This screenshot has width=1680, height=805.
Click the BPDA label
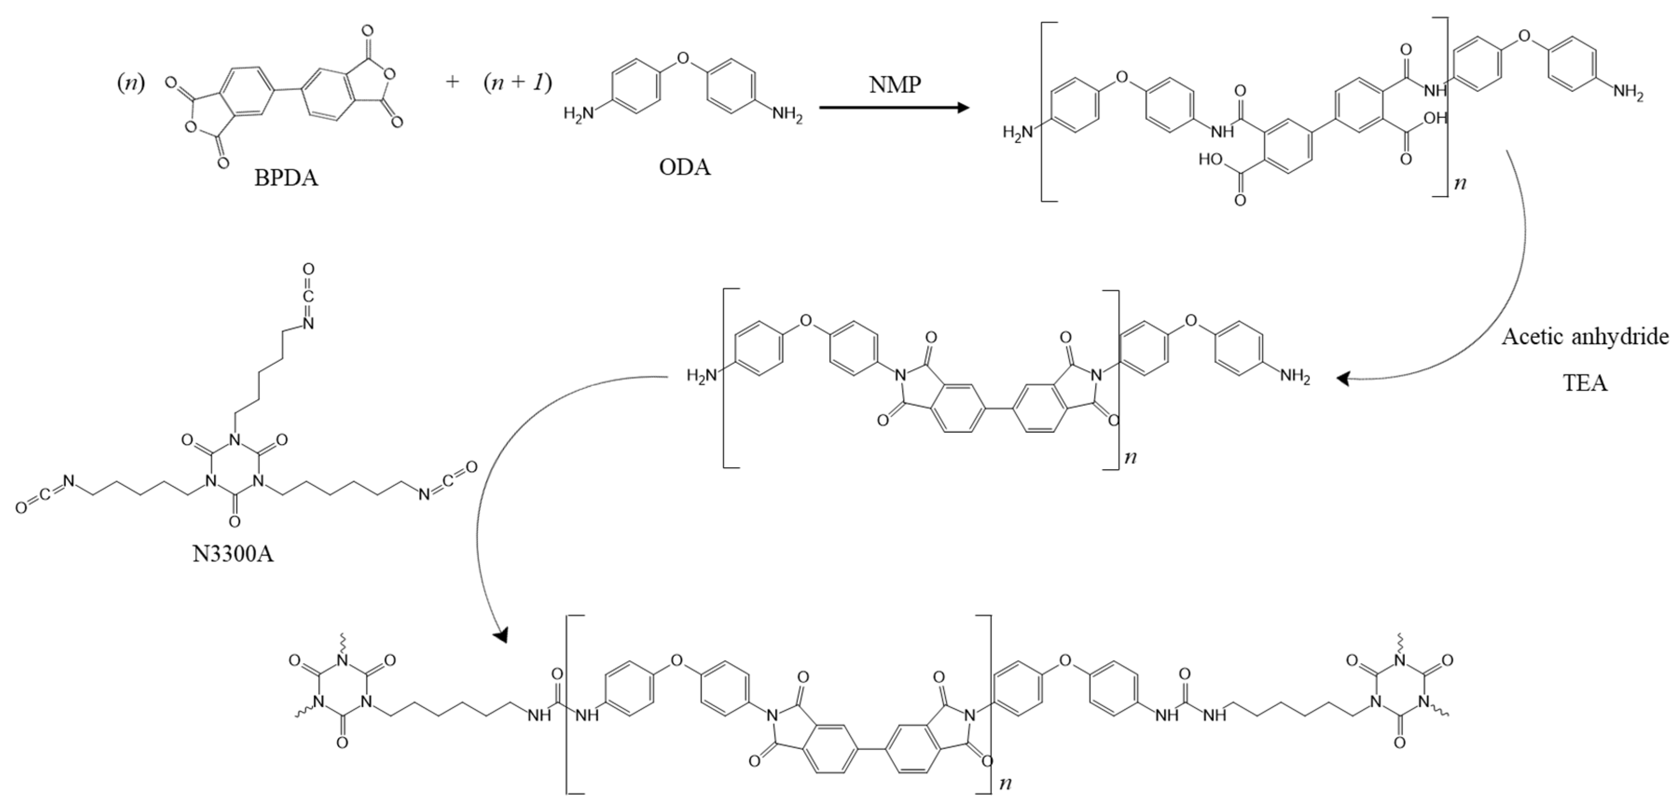tap(286, 178)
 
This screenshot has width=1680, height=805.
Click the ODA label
tap(684, 168)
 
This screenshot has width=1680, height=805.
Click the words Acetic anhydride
tap(1585, 336)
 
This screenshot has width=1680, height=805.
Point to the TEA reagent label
tap(1585, 382)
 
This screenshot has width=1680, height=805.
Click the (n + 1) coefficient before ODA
tap(517, 83)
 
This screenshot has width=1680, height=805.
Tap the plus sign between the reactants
tap(452, 82)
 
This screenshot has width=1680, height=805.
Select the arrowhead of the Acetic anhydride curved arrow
tap(1343, 378)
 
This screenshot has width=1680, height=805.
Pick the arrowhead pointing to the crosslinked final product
tap(501, 634)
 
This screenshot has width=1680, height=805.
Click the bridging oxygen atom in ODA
tap(683, 59)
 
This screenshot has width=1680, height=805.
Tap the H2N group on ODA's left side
tap(579, 115)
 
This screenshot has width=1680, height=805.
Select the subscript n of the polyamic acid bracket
tap(1460, 183)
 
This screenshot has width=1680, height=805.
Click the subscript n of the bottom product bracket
tap(1005, 782)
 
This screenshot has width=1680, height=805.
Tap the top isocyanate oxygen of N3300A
tap(309, 269)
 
